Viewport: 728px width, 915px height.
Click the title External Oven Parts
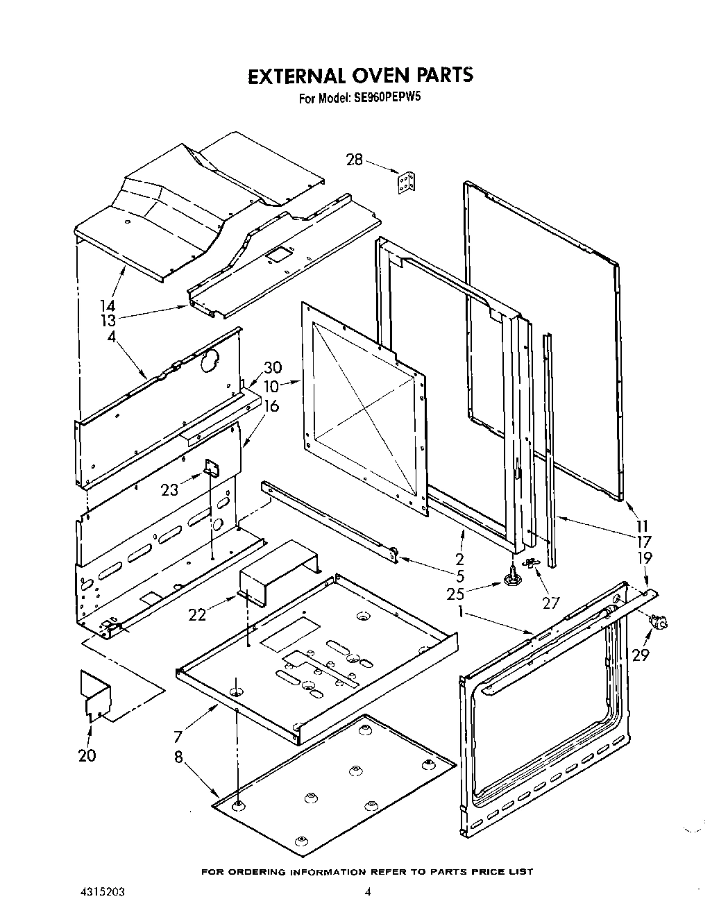coord(360,75)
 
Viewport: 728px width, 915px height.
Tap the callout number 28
coord(354,160)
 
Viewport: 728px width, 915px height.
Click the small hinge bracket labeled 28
coord(407,183)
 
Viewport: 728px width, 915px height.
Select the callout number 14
coord(107,305)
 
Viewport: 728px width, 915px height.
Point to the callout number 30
coord(272,369)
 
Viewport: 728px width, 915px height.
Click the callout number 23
coord(169,490)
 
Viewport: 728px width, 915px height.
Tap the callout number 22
coord(197,614)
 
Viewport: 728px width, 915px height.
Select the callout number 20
coord(87,756)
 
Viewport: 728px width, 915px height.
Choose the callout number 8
coord(178,757)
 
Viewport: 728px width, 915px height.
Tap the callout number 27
coord(550,603)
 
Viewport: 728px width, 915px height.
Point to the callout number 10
coord(271,386)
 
